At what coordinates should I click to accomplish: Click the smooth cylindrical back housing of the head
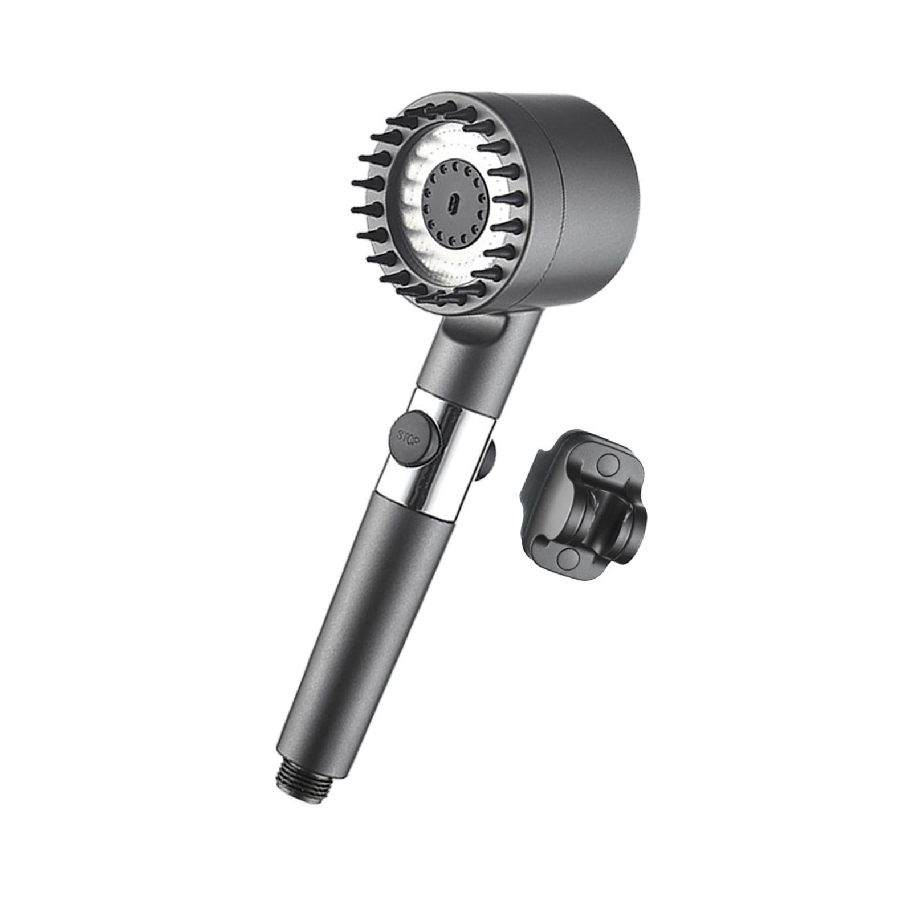593,188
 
